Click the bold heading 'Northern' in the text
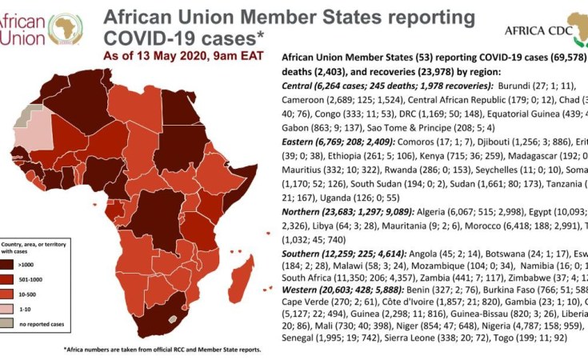[304, 212]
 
